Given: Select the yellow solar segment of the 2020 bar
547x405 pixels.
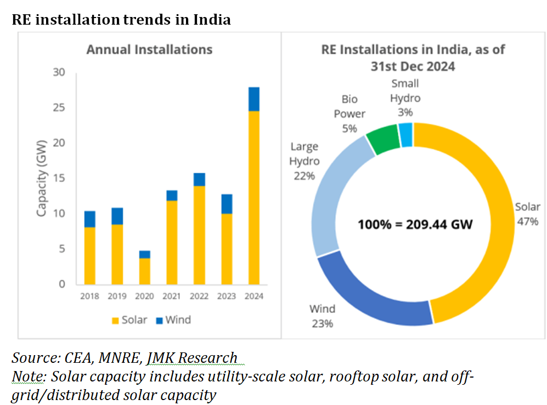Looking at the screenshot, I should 144,271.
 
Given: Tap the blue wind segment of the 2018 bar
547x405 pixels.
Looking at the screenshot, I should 89,219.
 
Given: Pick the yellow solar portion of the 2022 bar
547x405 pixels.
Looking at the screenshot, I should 199,236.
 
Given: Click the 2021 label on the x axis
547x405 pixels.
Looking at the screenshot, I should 171,296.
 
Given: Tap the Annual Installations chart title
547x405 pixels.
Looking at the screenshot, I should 149,49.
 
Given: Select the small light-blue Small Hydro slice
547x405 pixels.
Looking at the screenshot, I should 406,135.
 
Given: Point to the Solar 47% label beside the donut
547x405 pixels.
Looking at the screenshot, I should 527,214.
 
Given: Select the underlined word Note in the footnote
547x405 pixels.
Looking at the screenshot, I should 25,377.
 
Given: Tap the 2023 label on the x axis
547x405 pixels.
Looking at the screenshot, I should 226,296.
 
